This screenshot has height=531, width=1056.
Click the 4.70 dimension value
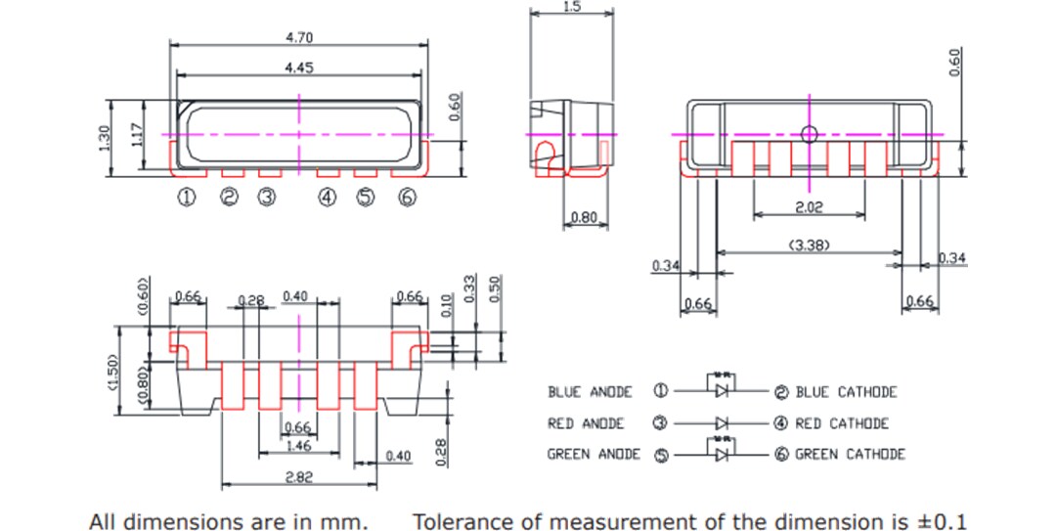coord(299,37)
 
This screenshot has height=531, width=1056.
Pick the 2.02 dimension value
coord(809,208)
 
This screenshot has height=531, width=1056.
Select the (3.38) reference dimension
coord(809,245)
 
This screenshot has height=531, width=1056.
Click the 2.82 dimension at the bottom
coord(298,475)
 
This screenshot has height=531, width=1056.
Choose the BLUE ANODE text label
coord(590,392)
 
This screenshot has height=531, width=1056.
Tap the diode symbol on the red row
coord(722,423)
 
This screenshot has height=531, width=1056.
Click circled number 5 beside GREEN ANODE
coord(660,455)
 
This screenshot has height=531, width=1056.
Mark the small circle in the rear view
coord(808,134)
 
